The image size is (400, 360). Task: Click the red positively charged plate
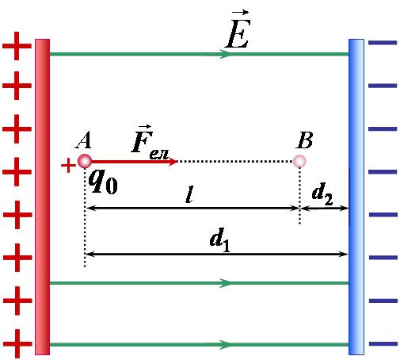[x=42, y=197]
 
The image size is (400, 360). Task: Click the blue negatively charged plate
[x=356, y=197]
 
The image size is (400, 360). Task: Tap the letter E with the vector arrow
[x=238, y=29]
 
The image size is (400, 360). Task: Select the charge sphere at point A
[x=85, y=161]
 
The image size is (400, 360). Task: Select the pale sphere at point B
[x=299, y=161]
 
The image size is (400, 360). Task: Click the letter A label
[x=84, y=140]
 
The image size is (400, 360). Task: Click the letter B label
[x=305, y=140]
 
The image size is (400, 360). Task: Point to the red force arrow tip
[x=177, y=161]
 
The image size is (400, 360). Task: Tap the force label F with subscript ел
[x=150, y=143]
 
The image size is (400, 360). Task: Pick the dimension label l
[x=189, y=194]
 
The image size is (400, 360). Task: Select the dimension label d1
[x=220, y=239]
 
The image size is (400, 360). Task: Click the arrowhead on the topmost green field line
[x=225, y=54]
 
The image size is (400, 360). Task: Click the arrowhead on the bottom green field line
[x=225, y=345]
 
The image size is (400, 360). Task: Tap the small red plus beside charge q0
[x=68, y=166]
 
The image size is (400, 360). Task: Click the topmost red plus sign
[x=17, y=46]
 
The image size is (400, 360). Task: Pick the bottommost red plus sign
[x=17, y=343]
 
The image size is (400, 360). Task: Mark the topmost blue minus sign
[x=383, y=43]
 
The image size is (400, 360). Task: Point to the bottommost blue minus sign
[x=383, y=343]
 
